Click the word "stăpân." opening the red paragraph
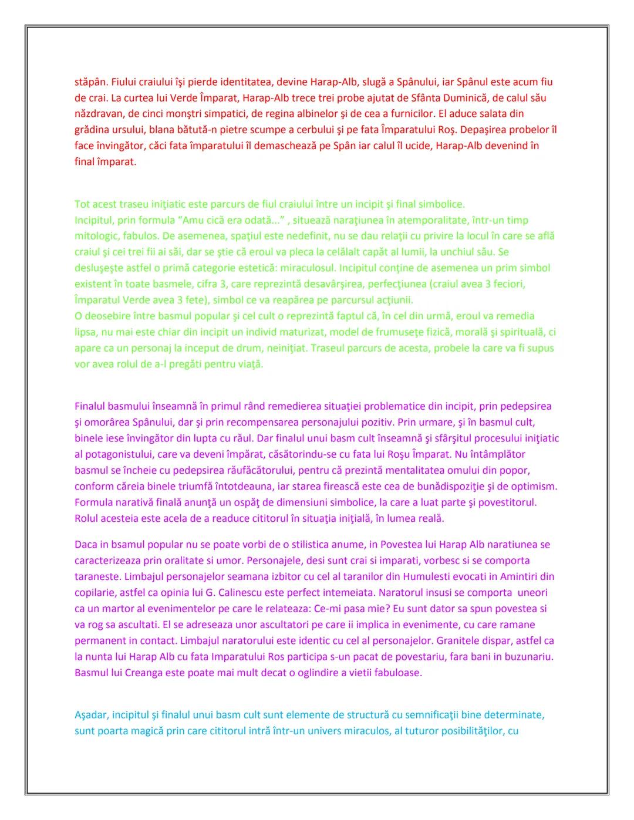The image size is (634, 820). pos(91,82)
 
